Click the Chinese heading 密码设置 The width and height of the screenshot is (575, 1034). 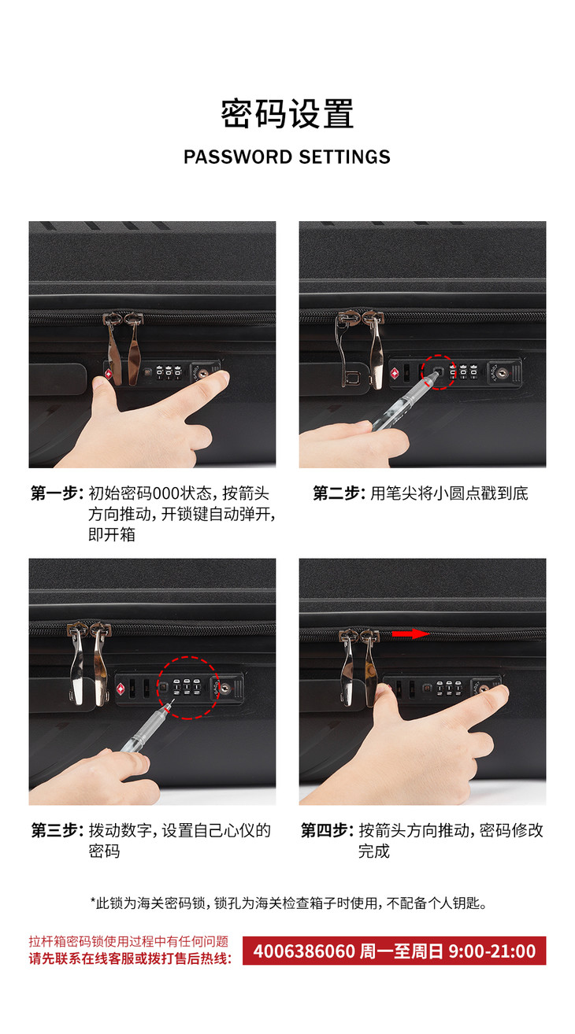287,113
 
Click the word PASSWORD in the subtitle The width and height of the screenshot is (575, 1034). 238,157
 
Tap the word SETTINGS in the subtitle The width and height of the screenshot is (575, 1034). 344,157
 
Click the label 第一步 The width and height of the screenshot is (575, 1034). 57,493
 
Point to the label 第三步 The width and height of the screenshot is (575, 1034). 57,830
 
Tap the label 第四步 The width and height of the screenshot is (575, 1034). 327,830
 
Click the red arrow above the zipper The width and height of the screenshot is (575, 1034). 411,633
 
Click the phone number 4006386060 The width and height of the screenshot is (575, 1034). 304,951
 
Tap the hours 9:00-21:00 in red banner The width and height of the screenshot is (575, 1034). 492,951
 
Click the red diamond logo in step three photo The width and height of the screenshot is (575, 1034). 121,689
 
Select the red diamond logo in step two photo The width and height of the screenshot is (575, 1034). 395,374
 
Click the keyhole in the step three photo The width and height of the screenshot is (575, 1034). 225,689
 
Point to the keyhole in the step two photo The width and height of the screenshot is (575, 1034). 503,372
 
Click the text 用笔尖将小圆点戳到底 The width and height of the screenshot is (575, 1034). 449,493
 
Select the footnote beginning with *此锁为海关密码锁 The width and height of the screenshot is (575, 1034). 288,903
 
